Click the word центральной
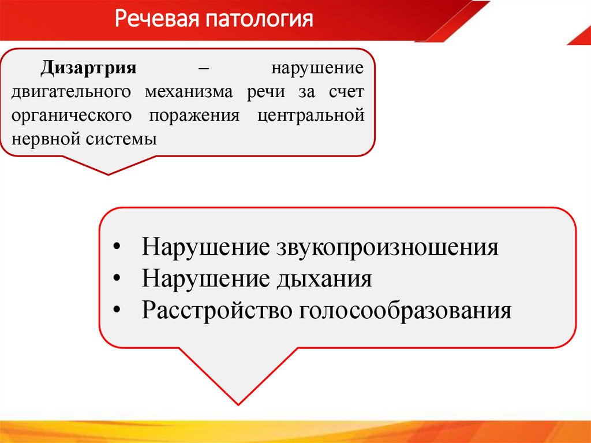click(x=311, y=116)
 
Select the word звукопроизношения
click(x=387, y=248)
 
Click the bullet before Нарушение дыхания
click(x=117, y=280)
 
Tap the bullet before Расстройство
click(x=117, y=311)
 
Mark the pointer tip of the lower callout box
click(x=238, y=403)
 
